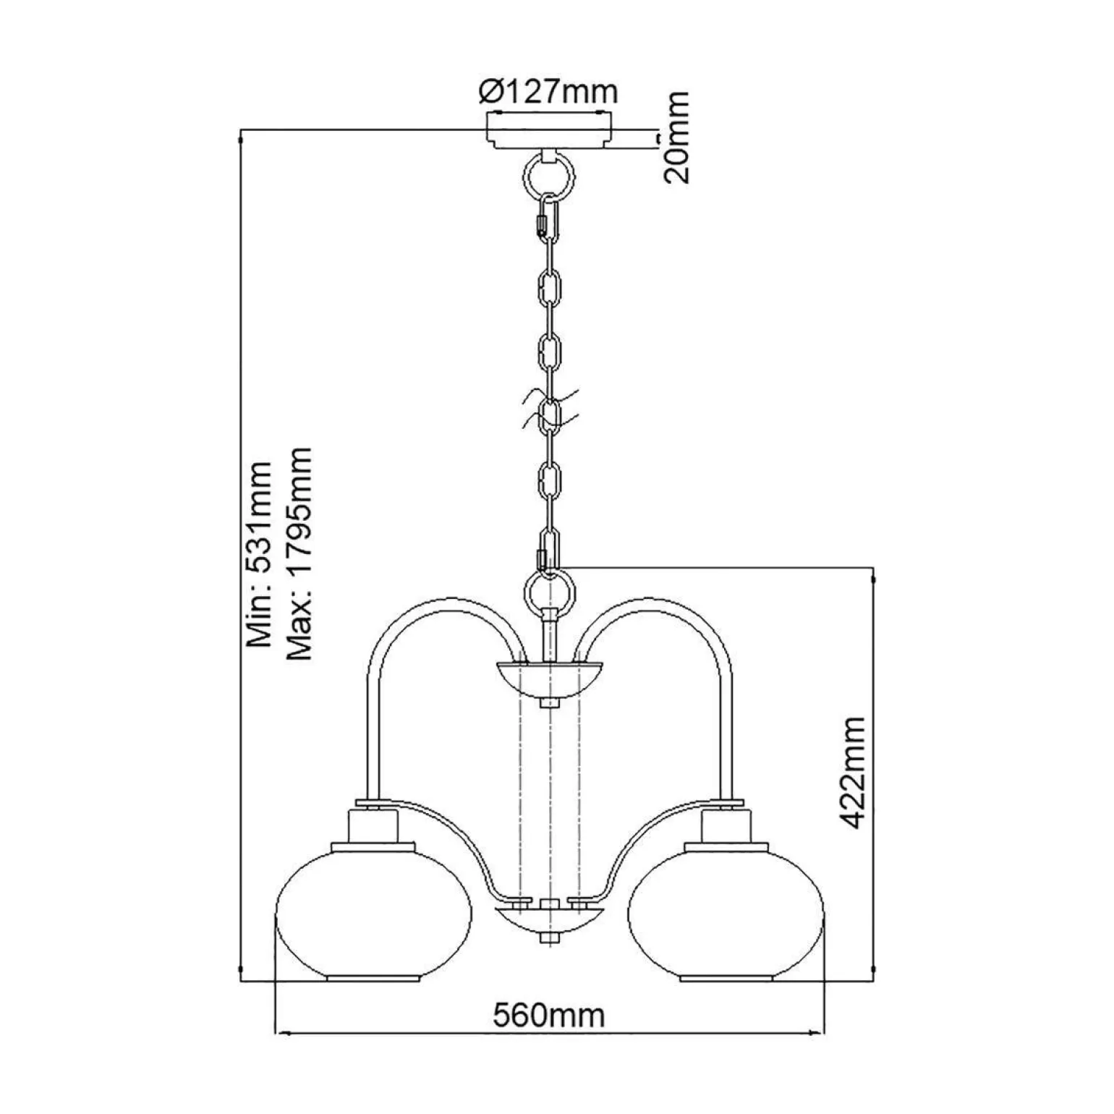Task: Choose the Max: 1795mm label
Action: pyautogui.click(x=299, y=553)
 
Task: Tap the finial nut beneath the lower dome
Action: pyautogui.click(x=550, y=937)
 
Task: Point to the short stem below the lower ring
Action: pyautogui.click(x=550, y=634)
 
